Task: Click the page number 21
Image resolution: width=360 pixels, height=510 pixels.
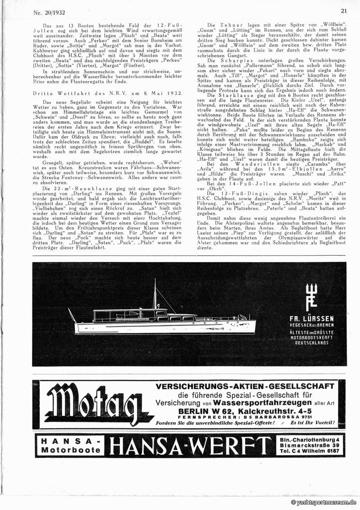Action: point(344,11)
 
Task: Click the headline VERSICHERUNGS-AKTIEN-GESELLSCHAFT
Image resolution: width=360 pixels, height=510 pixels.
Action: point(245,386)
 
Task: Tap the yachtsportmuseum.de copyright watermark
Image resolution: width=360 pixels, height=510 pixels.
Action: point(324,502)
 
